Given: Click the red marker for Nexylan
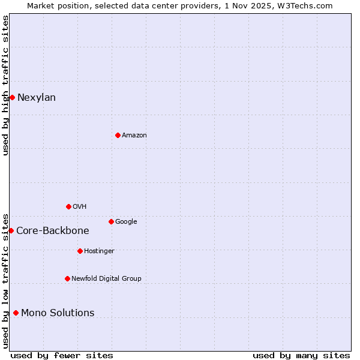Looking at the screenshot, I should pyautogui.click(x=12, y=97).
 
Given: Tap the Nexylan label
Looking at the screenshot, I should pyautogui.click(x=37, y=98).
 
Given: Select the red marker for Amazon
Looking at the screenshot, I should pyautogui.click(x=118, y=135).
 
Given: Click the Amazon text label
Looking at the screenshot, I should pyautogui.click(x=134, y=136).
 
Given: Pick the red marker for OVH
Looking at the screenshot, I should pyautogui.click(x=68, y=206).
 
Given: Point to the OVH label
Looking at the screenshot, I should pyautogui.click(x=80, y=207).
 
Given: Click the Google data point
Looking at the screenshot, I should pyautogui.click(x=111, y=221).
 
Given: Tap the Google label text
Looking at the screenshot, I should pyautogui.click(x=126, y=222).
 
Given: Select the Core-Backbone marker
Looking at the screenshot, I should pyautogui.click(x=11, y=230).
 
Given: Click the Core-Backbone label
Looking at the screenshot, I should pyautogui.click(x=53, y=231).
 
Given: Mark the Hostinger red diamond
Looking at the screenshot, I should pyautogui.click(x=80, y=251).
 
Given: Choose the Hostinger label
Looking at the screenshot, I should pyautogui.click(x=99, y=251).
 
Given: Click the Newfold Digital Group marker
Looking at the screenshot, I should pyautogui.click(x=67, y=278).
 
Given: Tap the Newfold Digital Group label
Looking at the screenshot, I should pyautogui.click(x=106, y=279).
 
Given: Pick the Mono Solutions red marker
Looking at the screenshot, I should pyautogui.click(x=16, y=313).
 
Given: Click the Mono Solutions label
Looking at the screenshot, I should pyautogui.click(x=58, y=313).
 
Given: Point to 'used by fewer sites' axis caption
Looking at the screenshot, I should pyautogui.click(x=62, y=355).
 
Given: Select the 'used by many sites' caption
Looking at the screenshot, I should pyautogui.click(x=301, y=355).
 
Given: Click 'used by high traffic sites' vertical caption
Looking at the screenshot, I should pyautogui.click(x=6, y=85).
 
